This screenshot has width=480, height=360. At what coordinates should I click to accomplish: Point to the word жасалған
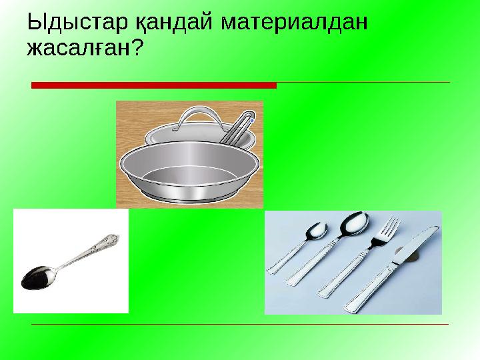(75, 48)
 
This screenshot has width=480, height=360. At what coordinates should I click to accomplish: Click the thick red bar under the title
(153, 85)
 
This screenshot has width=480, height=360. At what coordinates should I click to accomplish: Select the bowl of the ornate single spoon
(36, 276)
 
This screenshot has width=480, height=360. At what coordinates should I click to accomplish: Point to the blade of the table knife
(417, 243)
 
